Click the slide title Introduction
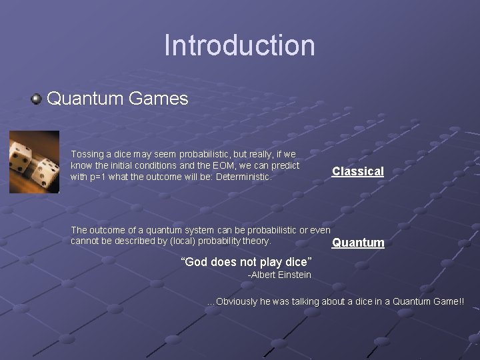point(239,45)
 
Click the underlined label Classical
point(358,171)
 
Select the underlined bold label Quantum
point(358,243)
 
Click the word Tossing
point(87,154)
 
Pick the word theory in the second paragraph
point(256,241)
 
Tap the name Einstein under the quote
point(293,275)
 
